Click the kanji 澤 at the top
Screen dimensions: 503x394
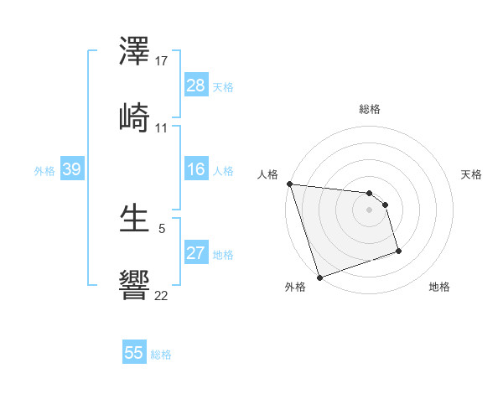[135, 52]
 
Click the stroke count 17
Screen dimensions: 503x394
[162, 61]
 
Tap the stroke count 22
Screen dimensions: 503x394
[162, 294]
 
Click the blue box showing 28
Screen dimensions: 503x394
[196, 86]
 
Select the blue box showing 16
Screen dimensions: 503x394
[196, 169]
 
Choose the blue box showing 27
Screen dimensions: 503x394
[196, 253]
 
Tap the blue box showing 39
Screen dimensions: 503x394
[71, 169]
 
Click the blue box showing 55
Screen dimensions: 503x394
[134, 353]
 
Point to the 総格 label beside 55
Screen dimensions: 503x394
[161, 355]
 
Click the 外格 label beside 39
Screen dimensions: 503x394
[44, 170]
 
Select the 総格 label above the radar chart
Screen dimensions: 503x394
[370, 109]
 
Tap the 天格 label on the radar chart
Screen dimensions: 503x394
[472, 174]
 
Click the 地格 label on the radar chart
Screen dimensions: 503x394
[439, 287]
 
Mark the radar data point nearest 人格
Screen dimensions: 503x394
[289, 184]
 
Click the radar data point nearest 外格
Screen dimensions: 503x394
[319, 277]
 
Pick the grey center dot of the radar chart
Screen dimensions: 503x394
[370, 210]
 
